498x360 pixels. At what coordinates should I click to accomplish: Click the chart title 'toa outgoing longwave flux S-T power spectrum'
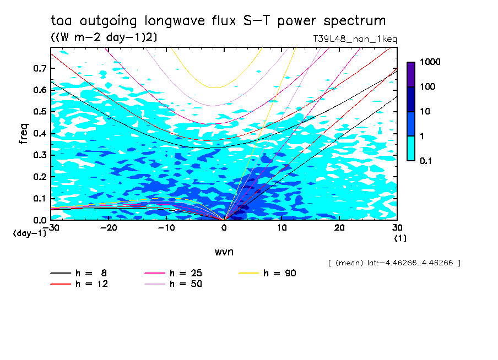218,21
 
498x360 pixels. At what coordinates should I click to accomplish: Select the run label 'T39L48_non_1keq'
354,40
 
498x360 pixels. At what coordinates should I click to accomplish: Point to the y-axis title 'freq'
24,133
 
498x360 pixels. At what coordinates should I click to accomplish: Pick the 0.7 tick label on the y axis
39,68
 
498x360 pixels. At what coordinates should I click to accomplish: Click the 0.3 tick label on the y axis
39,155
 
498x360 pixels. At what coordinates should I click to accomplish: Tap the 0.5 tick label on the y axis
39,112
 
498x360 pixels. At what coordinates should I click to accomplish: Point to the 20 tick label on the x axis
339,227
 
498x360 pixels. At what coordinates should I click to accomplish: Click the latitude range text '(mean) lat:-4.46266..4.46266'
394,263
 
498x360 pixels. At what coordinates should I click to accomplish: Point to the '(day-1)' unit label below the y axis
29,233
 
